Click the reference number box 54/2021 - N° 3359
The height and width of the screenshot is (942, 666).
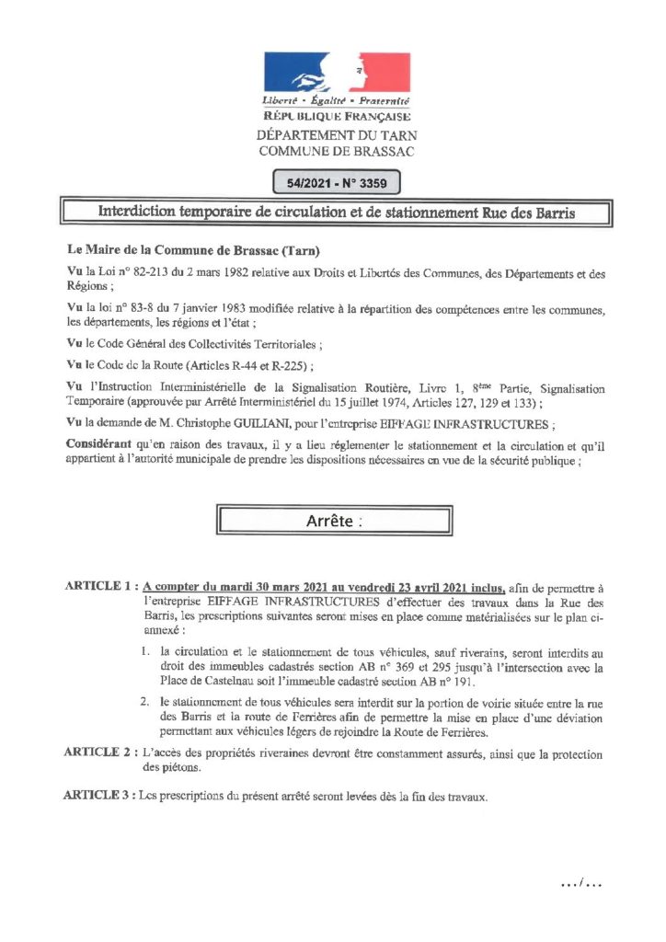(337, 183)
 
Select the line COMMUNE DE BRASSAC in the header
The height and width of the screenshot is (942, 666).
(336, 151)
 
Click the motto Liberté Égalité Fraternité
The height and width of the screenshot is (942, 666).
(336, 99)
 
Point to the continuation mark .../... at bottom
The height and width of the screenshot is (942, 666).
(581, 884)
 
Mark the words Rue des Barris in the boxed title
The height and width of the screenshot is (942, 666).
(526, 213)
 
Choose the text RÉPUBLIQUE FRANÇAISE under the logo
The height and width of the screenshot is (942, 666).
(336, 117)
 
